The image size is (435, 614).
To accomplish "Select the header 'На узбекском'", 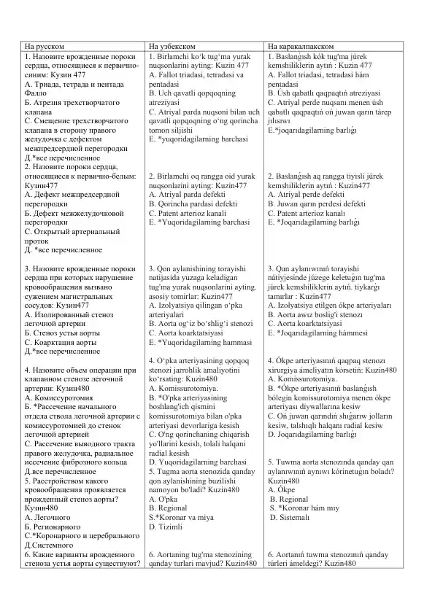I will [x=172, y=45].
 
